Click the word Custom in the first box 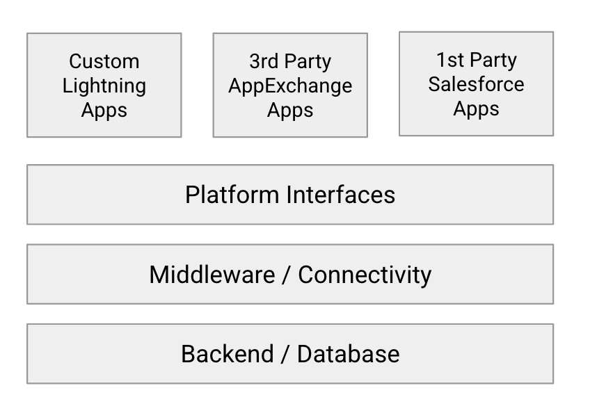tap(104, 61)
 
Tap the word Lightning tap(104, 86)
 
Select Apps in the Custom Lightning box tap(104, 110)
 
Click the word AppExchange tap(290, 86)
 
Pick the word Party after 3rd tap(307, 61)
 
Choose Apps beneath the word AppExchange tap(290, 110)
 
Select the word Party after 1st tap(493, 60)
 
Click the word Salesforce tap(476, 84)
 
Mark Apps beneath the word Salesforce tap(476, 108)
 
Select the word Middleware tap(212, 275)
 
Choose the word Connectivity tap(365, 275)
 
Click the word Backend tap(228, 354)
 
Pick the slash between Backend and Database tap(285, 354)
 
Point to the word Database tap(348, 354)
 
